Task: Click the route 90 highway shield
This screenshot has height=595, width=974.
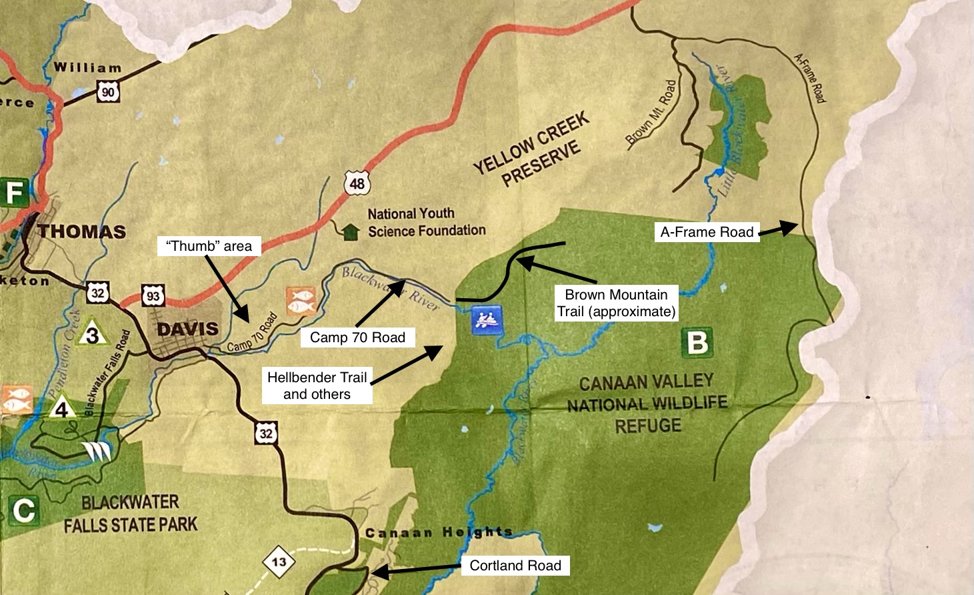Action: point(108,91)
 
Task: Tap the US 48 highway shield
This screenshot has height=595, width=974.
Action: point(357,182)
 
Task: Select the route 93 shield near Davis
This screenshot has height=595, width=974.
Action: point(153,295)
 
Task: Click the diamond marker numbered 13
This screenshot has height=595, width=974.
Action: point(279,562)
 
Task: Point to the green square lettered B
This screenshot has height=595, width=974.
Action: point(697,343)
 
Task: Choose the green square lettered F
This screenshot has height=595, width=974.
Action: point(14,193)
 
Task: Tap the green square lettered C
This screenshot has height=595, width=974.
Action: point(23,511)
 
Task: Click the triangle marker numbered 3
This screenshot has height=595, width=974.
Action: point(93,334)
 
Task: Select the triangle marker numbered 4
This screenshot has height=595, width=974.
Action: point(62,407)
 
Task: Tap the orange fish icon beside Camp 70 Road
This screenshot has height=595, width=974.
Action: point(300,301)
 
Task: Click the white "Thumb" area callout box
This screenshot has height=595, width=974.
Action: point(209,246)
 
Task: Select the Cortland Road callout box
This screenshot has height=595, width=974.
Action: point(515,566)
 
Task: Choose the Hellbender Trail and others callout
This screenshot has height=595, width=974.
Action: point(317,386)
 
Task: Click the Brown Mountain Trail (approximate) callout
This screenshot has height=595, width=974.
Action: point(616,304)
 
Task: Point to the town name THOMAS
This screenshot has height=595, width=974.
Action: point(81,232)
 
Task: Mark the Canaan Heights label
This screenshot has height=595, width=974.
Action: point(439,533)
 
